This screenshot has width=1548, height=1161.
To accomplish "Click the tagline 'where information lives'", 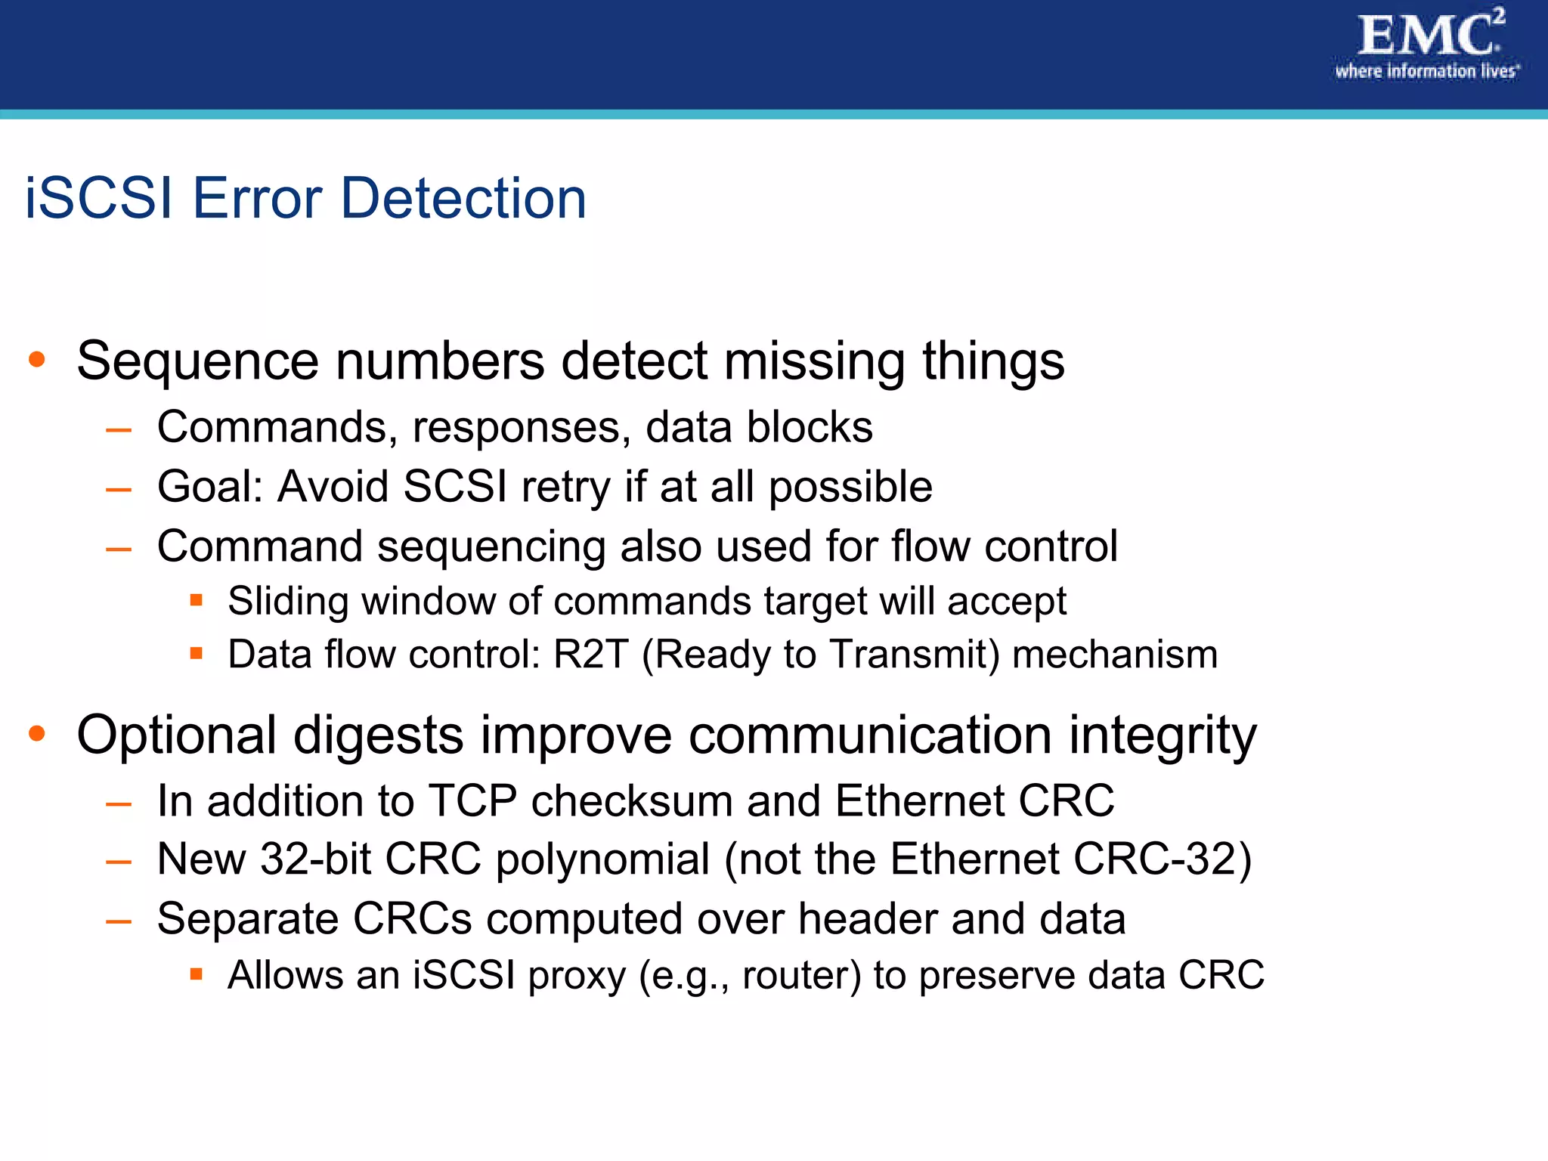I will point(1426,72).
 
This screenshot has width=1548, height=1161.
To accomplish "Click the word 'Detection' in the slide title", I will point(463,199).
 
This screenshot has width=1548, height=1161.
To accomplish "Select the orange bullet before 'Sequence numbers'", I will point(37,360).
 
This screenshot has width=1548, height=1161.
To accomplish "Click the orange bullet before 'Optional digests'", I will point(37,733).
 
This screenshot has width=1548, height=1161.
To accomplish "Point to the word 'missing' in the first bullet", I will point(815,361).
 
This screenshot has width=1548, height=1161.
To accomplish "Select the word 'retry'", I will point(565,488).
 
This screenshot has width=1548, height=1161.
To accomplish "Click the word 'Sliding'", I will point(287,602).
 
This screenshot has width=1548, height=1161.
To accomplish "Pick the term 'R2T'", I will point(590,655).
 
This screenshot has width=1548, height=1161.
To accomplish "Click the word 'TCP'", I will point(472,800).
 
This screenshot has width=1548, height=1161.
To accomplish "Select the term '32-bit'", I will point(315,859).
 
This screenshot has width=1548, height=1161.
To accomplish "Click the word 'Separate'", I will point(247,919).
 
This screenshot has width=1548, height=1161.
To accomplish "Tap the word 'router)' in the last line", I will point(801,975).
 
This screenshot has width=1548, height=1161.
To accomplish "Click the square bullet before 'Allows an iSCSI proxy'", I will point(197,974).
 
